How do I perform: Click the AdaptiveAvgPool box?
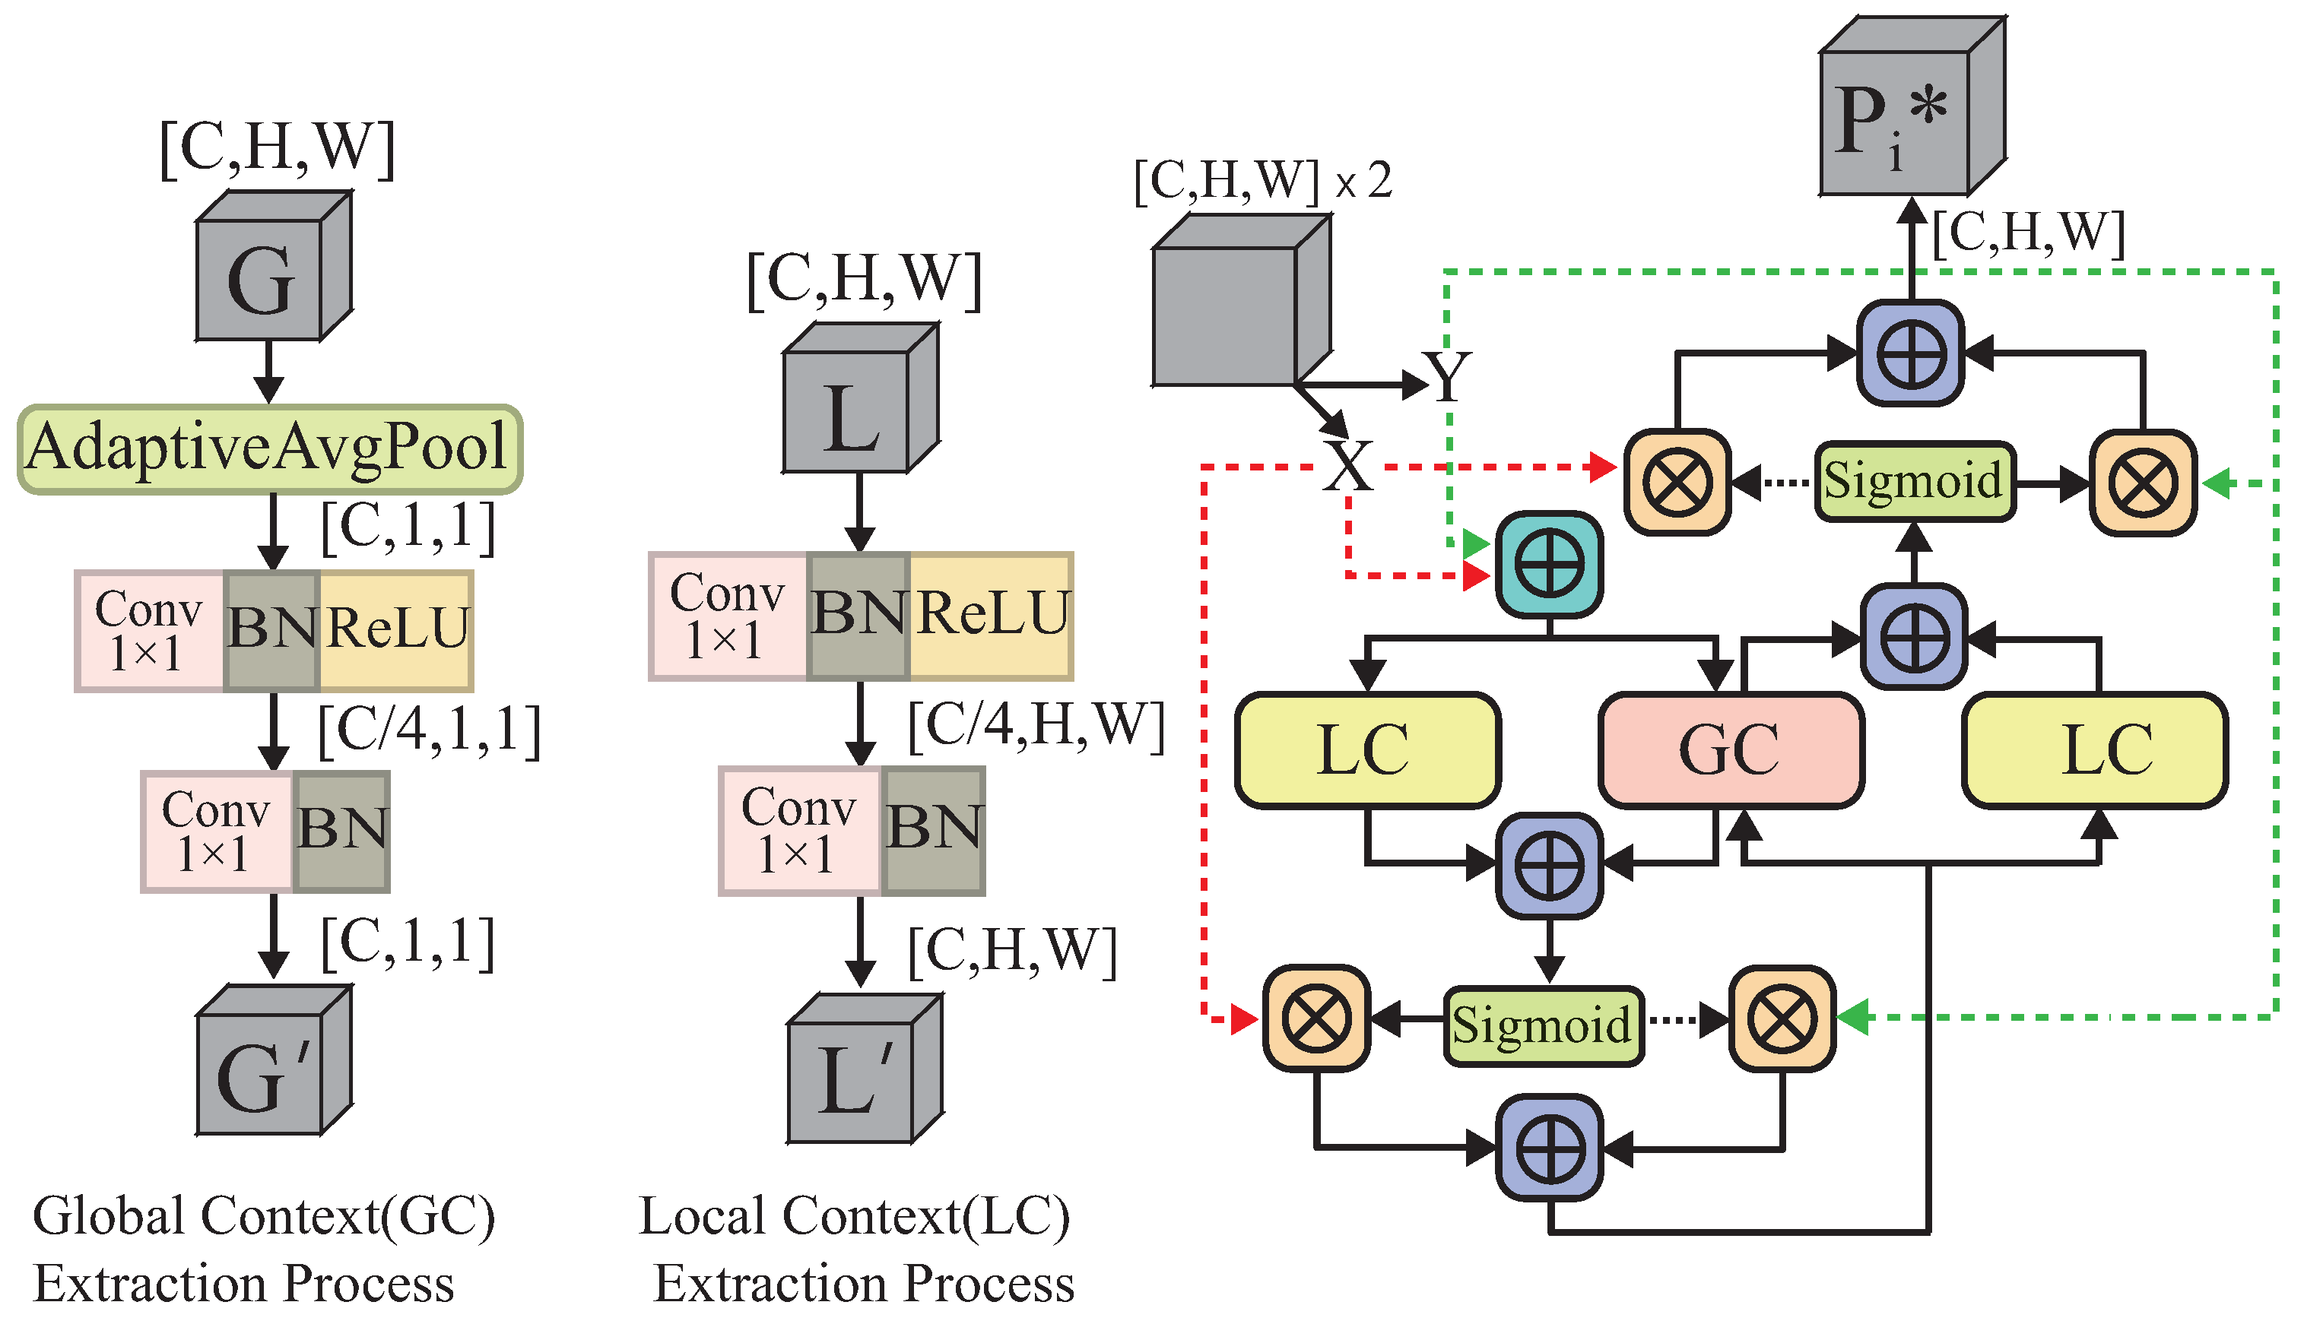point(269,449)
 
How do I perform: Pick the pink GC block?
point(1731,750)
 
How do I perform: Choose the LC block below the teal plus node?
point(1366,750)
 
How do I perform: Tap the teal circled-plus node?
point(1549,564)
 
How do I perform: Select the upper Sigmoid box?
point(1914,481)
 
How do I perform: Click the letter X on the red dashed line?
point(1347,467)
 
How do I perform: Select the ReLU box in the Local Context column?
point(991,615)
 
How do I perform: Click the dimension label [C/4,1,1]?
point(428,731)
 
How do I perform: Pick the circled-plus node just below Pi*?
point(1911,354)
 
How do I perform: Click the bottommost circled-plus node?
point(1550,1148)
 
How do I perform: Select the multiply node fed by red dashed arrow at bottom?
point(1315,1018)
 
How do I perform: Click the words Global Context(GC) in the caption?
point(263,1216)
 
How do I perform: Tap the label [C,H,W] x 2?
point(1261,182)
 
